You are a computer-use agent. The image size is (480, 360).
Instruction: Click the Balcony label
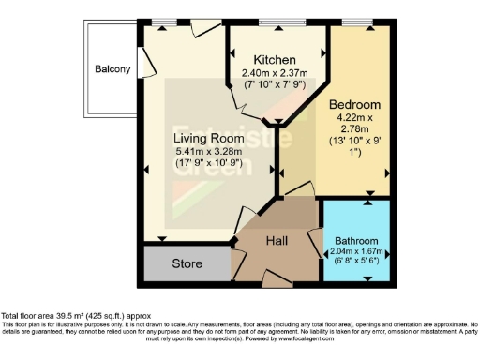(112, 69)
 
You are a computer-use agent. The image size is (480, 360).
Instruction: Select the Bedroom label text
(354, 103)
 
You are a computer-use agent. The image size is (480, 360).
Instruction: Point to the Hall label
(277, 240)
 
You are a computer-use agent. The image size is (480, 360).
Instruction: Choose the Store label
(187, 263)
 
